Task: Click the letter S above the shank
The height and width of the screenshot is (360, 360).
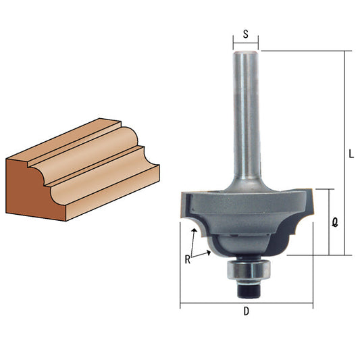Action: pyautogui.click(x=246, y=34)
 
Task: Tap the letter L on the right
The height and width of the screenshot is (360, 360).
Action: pyautogui.click(x=351, y=154)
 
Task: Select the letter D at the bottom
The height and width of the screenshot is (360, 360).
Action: pyautogui.click(x=246, y=311)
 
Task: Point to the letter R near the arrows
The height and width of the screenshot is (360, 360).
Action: pyautogui.click(x=188, y=259)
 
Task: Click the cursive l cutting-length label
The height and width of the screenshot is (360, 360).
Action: pyautogui.click(x=335, y=222)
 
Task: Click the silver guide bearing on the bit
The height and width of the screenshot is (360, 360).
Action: pyautogui.click(x=249, y=269)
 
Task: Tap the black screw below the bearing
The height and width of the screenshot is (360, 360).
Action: pyautogui.click(x=249, y=289)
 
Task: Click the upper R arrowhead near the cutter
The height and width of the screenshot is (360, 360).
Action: pyautogui.click(x=195, y=230)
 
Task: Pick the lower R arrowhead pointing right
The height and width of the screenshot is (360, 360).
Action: pyautogui.click(x=209, y=253)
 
